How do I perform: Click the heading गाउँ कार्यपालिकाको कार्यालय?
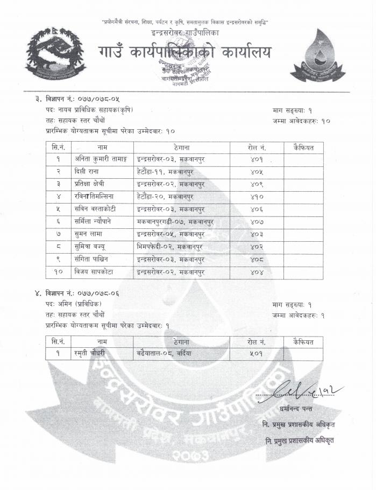185,53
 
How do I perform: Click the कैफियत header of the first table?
303,147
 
